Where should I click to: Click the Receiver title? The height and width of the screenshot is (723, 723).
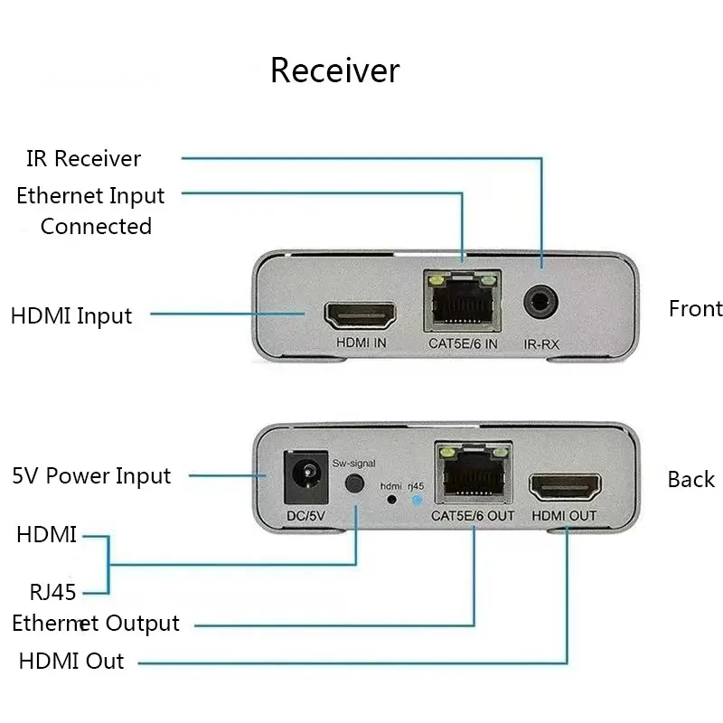(x=335, y=70)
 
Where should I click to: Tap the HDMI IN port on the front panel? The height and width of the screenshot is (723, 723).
(x=360, y=315)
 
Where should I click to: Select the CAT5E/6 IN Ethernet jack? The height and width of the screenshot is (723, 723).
(x=463, y=301)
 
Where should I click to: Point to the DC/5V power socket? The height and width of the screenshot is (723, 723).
(x=305, y=477)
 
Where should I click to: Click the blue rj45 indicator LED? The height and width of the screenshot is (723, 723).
(x=417, y=500)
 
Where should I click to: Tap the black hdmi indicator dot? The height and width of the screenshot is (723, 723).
(x=391, y=500)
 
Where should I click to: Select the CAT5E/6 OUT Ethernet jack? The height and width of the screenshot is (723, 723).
(x=474, y=472)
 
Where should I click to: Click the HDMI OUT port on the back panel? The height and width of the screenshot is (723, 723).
(x=565, y=488)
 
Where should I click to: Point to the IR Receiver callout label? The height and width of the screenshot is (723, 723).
(x=83, y=159)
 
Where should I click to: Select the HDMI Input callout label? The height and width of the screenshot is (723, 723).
(x=71, y=316)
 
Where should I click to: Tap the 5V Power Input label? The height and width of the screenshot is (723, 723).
(x=91, y=476)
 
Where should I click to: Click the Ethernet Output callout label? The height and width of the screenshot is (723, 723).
(x=96, y=624)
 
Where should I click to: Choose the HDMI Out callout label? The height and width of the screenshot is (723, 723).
(x=71, y=661)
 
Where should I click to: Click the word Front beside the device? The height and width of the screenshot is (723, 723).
(x=696, y=308)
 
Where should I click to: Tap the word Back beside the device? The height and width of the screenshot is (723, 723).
(x=691, y=480)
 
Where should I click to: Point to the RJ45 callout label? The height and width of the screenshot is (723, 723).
(x=52, y=593)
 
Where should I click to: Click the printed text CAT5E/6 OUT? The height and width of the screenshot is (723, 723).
(x=473, y=516)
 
